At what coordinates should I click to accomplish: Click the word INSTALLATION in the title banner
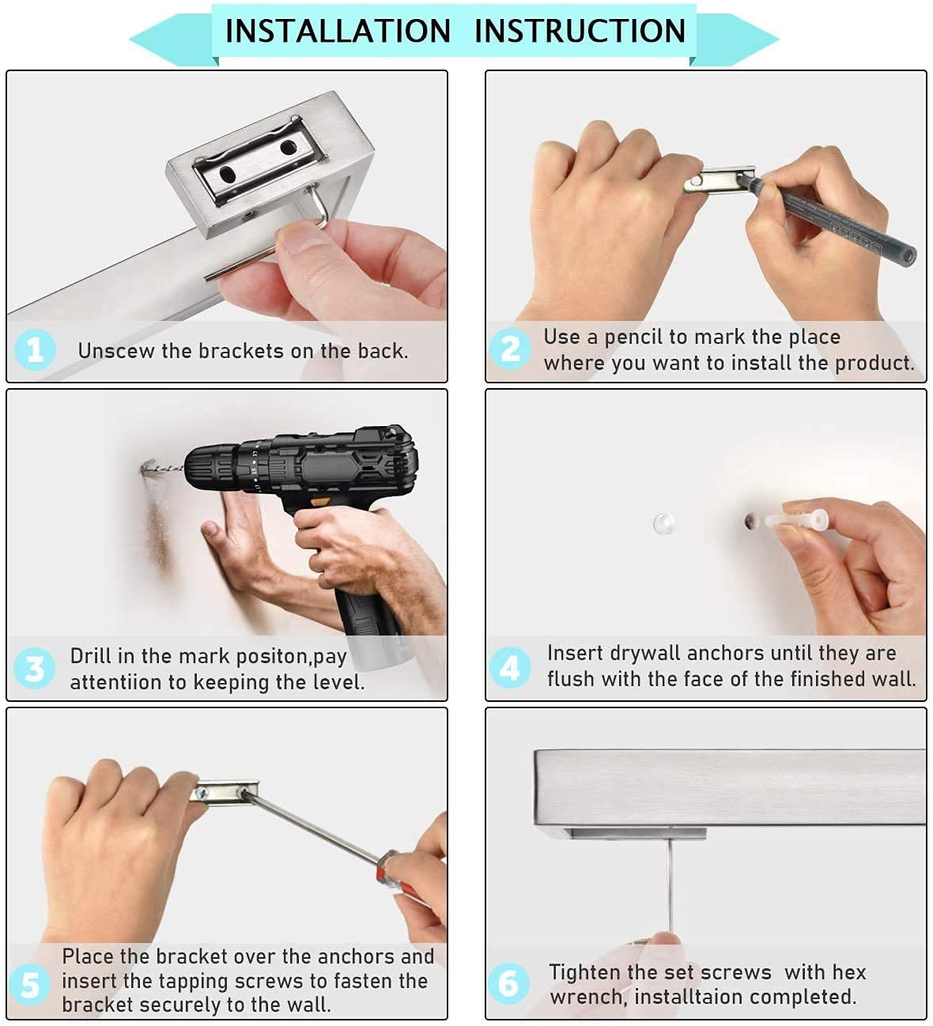pos(338,31)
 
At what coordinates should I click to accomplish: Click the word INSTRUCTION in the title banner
pos(580,31)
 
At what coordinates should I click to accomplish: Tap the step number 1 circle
pos(35,350)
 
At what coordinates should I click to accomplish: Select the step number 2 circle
pos(510,349)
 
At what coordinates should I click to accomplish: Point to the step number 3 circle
pos(34,668)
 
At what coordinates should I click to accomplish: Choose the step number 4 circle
pos(510,667)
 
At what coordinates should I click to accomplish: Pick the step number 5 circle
pos(30,985)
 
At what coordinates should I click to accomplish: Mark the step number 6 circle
pos(508,983)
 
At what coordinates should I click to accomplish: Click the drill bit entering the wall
pos(162,466)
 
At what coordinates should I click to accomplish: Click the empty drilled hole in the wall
pos(751,522)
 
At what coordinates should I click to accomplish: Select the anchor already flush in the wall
pos(664,523)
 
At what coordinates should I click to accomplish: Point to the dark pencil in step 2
pos(829,217)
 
